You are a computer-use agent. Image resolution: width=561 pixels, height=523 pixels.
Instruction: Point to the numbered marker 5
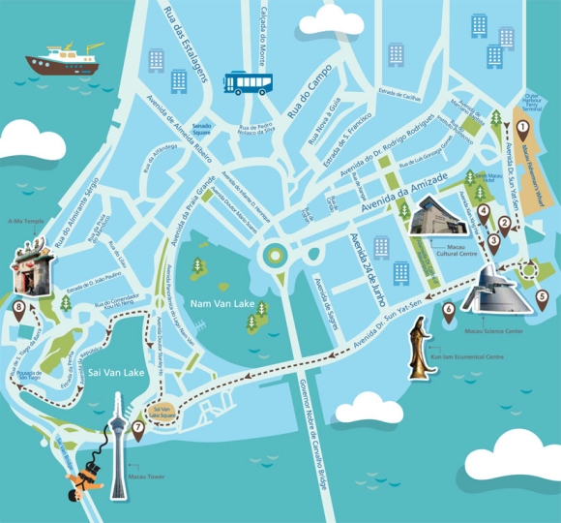[x=542, y=297]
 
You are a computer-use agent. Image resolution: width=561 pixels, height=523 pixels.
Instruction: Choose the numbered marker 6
[x=448, y=310]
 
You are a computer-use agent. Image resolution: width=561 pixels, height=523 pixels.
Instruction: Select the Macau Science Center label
[x=493, y=331]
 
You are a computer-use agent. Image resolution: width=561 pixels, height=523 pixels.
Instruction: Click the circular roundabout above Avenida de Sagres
[x=275, y=256]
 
